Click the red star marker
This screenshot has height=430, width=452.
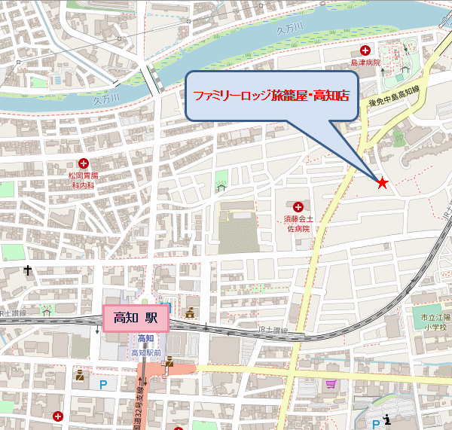[x=382, y=183]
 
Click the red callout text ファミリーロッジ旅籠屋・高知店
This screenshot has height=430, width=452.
[x=271, y=97]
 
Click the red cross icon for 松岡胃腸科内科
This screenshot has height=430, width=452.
[x=84, y=163]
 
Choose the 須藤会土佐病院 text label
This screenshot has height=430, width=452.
[x=298, y=222]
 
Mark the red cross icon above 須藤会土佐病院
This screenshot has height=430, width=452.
[x=298, y=206]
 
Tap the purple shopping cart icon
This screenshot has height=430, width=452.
[x=330, y=383]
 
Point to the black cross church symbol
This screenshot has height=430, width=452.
[x=28, y=270]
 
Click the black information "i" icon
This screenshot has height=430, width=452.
[x=387, y=419]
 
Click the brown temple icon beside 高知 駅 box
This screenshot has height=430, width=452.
[x=191, y=313]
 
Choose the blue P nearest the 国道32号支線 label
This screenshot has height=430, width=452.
[x=103, y=384]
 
